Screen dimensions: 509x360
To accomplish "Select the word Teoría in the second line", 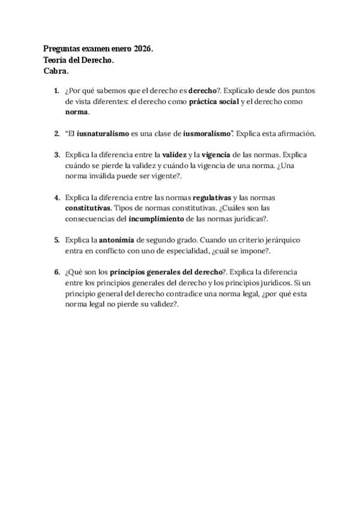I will point(56,60).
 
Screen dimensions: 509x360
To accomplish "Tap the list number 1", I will point(56,91).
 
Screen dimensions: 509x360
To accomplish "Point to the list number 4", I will point(56,197).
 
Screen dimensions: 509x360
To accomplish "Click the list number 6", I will point(56,272).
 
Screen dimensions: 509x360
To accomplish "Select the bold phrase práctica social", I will point(214,101).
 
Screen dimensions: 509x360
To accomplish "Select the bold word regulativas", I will point(212,197).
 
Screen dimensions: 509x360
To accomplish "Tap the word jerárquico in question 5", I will point(280,240).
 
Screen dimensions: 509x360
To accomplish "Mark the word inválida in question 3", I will point(106,176).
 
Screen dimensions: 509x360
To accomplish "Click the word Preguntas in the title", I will point(64,49).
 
